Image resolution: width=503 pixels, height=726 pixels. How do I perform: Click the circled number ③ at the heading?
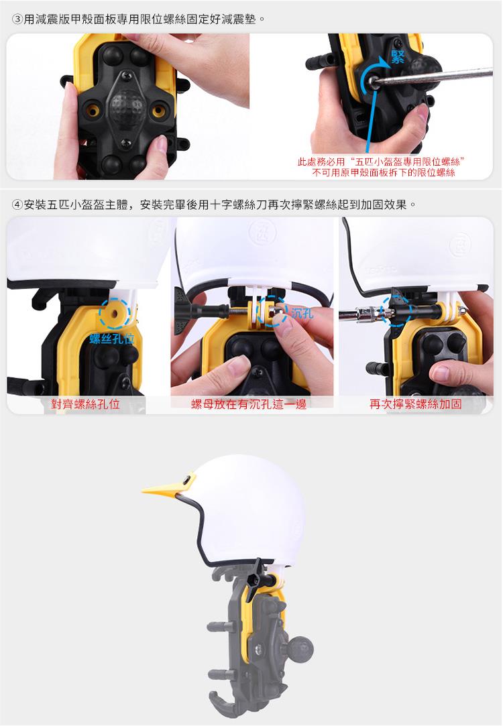pos(17,20)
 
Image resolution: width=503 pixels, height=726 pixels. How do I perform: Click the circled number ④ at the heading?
pos(17,204)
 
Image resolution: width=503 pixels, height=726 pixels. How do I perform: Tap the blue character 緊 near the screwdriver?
pos(398,57)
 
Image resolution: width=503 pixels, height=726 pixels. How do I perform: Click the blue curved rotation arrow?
pos(375,74)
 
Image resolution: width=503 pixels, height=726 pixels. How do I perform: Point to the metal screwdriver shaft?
pos(433,77)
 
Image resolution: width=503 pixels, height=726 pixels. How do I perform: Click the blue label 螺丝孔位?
pos(112,339)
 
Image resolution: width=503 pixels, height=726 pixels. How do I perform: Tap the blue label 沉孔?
pos(302,314)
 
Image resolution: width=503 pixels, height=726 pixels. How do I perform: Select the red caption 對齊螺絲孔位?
pos(85,404)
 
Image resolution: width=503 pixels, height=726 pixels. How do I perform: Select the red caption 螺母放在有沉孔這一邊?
pos(249,404)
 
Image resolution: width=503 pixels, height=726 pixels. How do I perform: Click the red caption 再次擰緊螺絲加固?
pos(415,404)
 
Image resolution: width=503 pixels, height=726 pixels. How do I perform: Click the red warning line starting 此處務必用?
pos(381,162)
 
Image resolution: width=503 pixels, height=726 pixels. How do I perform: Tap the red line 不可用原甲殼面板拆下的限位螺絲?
pos(384,173)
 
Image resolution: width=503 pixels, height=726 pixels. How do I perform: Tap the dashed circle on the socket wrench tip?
pos(395,310)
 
